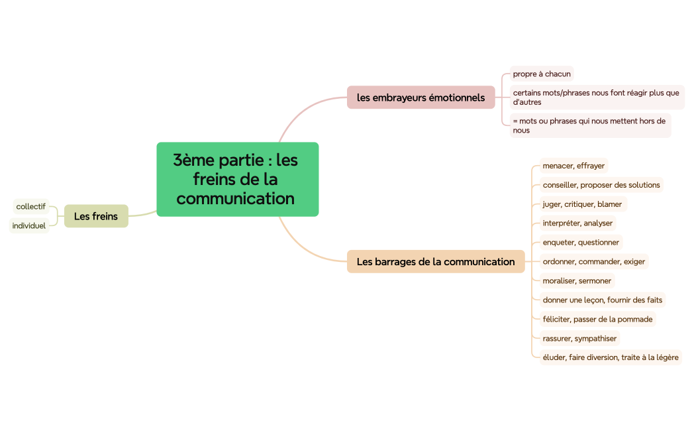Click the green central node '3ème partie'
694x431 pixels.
(237, 179)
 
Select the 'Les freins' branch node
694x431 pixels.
(96, 216)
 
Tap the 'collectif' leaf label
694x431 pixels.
(31, 206)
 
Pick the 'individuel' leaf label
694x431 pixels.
(29, 225)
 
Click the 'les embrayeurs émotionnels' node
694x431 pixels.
(421, 97)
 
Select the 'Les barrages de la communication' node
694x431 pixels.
(435, 261)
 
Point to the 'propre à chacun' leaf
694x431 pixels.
(541, 74)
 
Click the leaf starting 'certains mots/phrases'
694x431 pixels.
(596, 97)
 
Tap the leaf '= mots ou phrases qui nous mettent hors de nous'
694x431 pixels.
(589, 125)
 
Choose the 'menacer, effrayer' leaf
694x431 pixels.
(573, 166)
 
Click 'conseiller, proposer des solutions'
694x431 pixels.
(601, 185)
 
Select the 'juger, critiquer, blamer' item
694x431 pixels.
(582, 204)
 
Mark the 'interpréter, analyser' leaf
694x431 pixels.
(577, 223)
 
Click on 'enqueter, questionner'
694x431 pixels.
(581, 242)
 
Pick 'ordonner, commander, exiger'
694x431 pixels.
(593, 261)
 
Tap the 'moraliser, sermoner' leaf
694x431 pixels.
(577, 280)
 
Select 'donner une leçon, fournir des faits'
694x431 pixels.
(602, 300)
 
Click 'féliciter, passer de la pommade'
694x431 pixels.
(597, 319)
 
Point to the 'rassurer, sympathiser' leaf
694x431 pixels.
(579, 338)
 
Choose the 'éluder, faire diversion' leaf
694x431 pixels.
(610, 357)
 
